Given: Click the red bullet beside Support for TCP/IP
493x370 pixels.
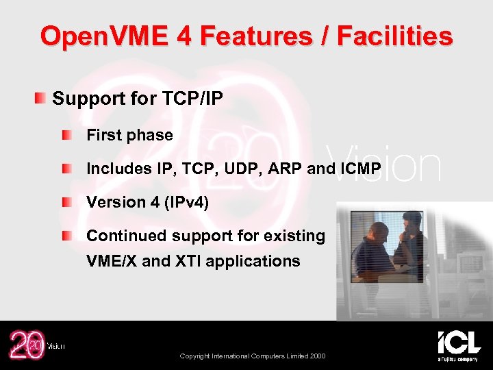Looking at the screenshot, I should tap(42, 99).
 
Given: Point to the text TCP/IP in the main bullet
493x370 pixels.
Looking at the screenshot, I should tap(193, 99).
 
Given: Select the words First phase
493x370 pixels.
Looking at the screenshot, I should tap(129, 135).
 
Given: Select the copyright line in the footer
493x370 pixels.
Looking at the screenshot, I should tap(253, 356).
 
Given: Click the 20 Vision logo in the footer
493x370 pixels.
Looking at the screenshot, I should tap(34, 345).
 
